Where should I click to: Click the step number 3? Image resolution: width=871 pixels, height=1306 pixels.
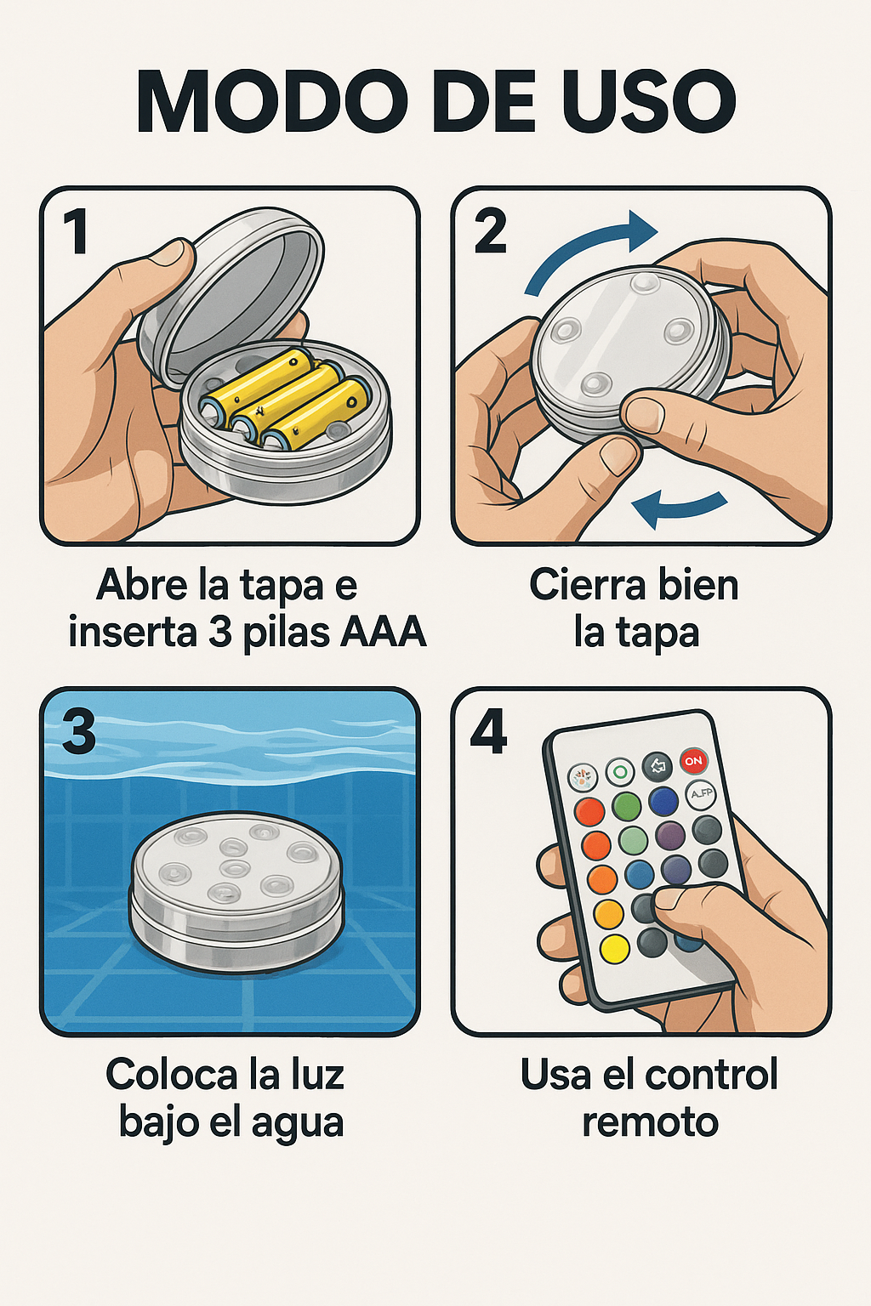pyautogui.click(x=78, y=732)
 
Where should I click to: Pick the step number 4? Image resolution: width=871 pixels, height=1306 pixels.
pyautogui.click(x=488, y=732)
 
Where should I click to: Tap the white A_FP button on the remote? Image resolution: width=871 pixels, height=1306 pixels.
pyautogui.click(x=701, y=795)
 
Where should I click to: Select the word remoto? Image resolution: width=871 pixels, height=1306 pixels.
pyautogui.click(x=650, y=1122)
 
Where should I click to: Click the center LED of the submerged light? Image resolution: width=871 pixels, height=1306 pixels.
pyautogui.click(x=235, y=869)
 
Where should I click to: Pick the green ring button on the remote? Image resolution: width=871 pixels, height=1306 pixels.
pyautogui.click(x=620, y=773)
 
